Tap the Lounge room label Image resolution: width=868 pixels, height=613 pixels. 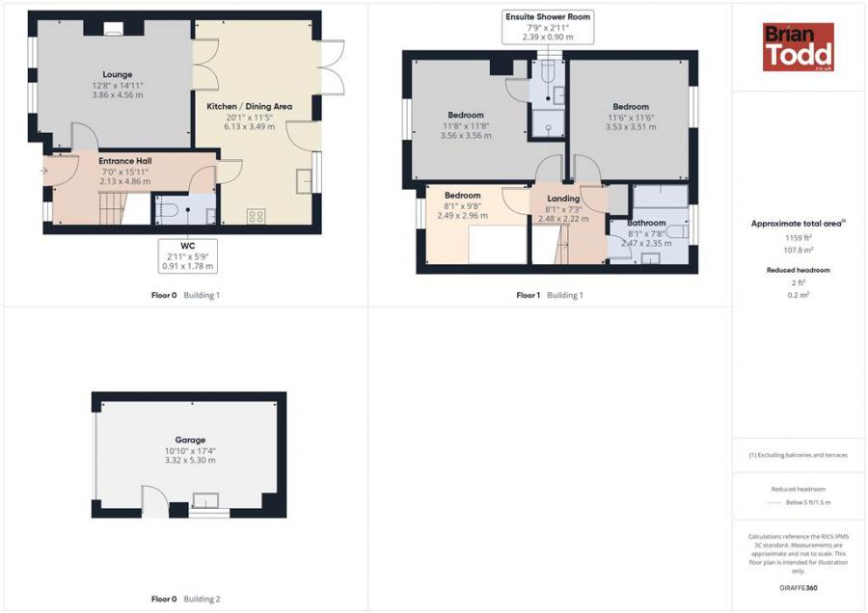[118, 74]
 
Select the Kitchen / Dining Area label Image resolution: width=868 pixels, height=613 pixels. [249, 106]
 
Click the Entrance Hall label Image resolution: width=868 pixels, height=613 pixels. [124, 160]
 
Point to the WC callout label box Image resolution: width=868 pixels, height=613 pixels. [188, 255]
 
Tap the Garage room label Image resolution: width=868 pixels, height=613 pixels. [189, 440]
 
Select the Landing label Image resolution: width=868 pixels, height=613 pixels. [563, 199]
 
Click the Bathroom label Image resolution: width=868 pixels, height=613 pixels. [646, 223]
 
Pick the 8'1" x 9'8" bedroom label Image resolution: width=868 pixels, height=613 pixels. [463, 196]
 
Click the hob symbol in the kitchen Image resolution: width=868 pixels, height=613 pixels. [257, 217]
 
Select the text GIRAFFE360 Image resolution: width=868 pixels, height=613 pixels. [799, 588]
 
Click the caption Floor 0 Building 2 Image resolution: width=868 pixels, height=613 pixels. [185, 600]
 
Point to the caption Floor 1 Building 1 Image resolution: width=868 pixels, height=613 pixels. [550, 295]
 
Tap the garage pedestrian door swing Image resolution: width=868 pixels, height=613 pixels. [151, 500]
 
